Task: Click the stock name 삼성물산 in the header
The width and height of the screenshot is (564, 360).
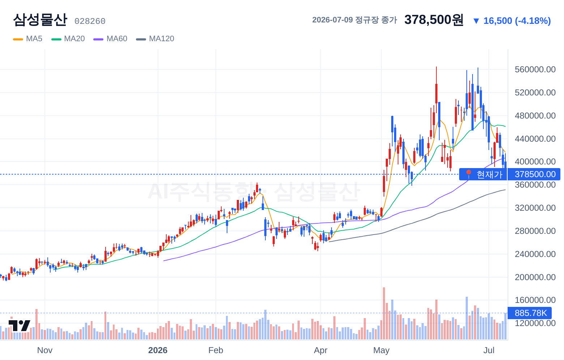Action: coord(40,20)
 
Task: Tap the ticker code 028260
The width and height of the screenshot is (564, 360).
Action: coord(90,21)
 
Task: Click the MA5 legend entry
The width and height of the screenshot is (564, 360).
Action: coord(28,39)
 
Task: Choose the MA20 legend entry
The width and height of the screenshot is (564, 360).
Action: coord(68,39)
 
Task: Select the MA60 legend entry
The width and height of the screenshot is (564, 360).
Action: coord(110,39)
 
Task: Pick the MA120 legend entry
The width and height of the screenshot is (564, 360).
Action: coord(155,39)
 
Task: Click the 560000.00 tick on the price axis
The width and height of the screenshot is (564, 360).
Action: coord(535,69)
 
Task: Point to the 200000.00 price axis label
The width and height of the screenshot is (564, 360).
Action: coord(535,277)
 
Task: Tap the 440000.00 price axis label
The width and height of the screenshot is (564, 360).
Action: coord(535,139)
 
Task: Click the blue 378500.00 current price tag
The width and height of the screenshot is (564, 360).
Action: coord(534,174)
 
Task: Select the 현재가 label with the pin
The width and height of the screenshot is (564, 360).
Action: coord(483,174)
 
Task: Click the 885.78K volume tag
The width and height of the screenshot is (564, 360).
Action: coord(530,313)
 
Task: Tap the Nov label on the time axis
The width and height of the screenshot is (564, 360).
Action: coord(45,350)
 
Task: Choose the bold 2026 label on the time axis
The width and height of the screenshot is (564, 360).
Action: coord(158,350)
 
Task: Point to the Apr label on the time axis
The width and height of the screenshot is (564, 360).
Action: coord(321,350)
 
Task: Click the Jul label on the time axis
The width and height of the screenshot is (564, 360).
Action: coord(489,350)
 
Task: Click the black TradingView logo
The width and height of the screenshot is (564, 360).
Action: coord(20,326)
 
